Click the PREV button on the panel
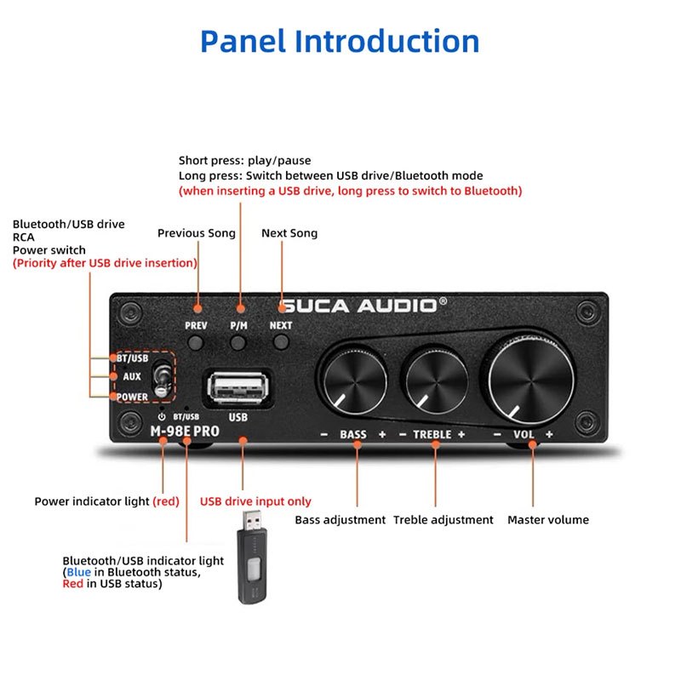[196, 343]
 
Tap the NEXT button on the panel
[282, 342]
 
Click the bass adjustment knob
[355, 381]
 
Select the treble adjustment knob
[437, 381]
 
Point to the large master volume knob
[530, 379]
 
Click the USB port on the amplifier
[238, 387]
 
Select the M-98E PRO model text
[185, 432]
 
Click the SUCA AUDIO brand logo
[363, 306]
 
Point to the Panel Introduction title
[340, 41]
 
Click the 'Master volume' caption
[548, 520]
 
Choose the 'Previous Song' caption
[197, 233]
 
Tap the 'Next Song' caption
[289, 233]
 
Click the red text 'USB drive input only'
[255, 501]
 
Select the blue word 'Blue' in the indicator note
[78, 572]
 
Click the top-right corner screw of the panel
[587, 312]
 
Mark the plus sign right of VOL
[549, 434]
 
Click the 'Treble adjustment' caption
[443, 520]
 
